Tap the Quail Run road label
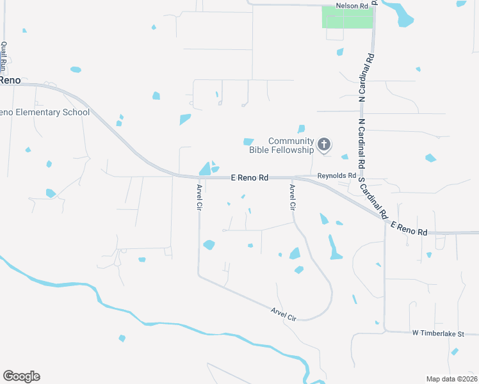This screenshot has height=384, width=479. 4,56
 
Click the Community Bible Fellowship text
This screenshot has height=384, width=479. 291,145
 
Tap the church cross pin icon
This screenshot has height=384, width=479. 324,145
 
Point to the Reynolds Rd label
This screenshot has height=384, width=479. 337,175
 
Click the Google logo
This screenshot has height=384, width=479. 21,376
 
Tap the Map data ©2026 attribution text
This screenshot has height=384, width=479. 451,379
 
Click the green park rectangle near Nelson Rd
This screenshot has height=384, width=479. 346,17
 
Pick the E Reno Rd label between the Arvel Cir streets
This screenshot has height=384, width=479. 249,177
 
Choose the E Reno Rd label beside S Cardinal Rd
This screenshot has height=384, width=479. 409,228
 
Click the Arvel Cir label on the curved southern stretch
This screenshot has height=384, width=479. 284,314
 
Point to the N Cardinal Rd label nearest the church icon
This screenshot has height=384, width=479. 362,143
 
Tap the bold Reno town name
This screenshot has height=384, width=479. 10,81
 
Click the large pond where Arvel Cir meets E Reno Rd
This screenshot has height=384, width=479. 206,169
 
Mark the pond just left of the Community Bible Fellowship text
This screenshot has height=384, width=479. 248,141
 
